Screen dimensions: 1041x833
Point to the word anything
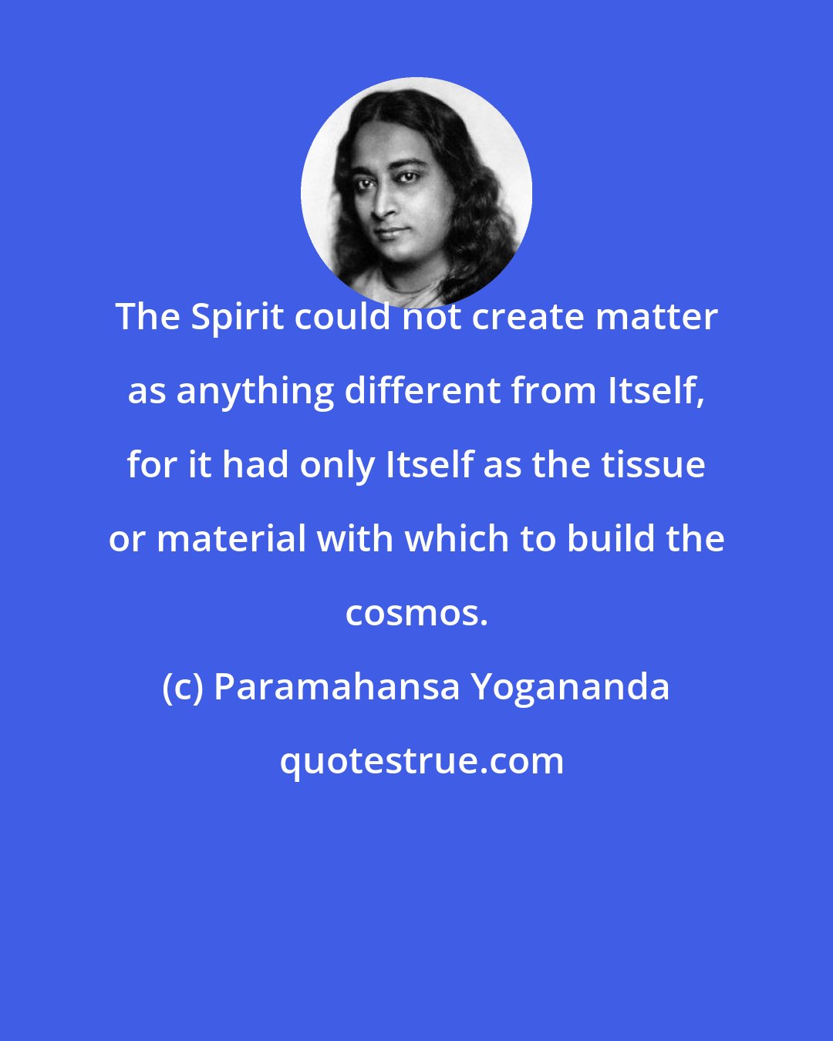click(x=254, y=392)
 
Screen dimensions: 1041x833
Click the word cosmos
click(x=416, y=614)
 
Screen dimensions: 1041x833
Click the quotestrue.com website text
click(x=421, y=762)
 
